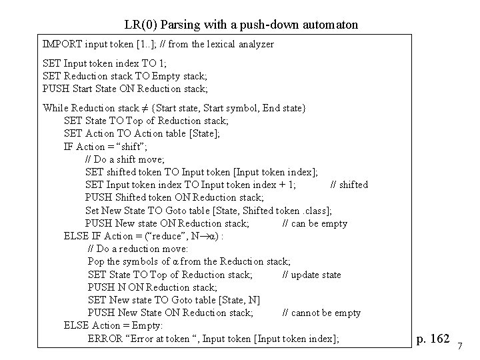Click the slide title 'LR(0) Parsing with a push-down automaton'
[241, 25]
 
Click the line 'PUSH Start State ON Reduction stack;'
[125, 89]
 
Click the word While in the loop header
[55, 108]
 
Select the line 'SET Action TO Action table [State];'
[141, 133]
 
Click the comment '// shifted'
[349, 185]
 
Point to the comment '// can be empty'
[315, 223]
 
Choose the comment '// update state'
[311, 275]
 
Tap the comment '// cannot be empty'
[321, 313]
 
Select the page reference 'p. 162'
[432, 339]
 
